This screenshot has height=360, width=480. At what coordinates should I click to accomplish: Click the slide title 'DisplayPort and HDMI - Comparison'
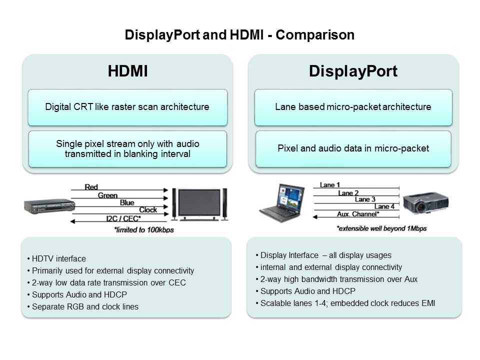(x=239, y=35)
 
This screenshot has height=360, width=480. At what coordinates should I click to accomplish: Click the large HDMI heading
(x=127, y=71)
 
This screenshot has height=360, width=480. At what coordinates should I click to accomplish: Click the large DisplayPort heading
(x=353, y=71)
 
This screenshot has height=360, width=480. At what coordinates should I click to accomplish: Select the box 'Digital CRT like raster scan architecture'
(x=127, y=107)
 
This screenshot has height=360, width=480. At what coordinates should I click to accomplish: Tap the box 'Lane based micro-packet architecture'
(x=353, y=107)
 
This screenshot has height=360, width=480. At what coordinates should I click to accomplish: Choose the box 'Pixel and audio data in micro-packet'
(x=353, y=148)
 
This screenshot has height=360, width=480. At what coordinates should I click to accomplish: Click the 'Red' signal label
(x=91, y=187)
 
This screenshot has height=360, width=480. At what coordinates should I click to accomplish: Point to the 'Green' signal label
(x=107, y=195)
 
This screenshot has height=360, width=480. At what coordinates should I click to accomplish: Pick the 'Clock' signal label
(x=147, y=210)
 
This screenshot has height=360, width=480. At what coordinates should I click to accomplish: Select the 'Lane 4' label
(x=384, y=206)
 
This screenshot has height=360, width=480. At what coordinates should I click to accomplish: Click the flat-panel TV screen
(x=199, y=203)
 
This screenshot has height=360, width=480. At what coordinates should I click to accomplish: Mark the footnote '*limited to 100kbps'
(x=143, y=230)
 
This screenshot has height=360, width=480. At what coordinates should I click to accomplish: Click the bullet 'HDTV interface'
(x=58, y=259)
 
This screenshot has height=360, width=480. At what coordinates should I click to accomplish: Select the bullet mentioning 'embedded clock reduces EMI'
(x=347, y=303)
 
